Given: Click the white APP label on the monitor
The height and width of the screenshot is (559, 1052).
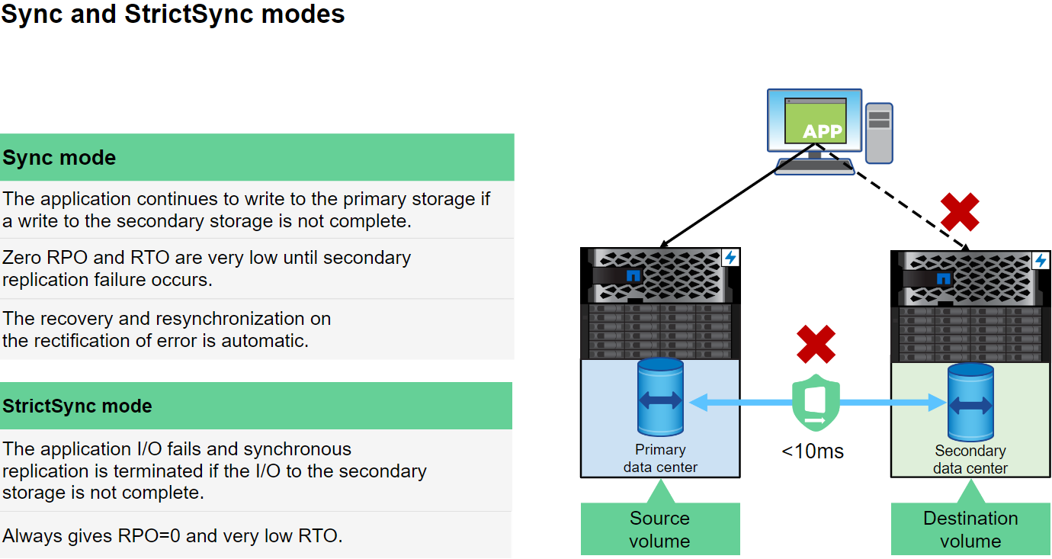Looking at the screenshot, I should point(822,132).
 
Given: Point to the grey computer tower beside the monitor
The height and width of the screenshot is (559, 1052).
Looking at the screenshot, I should point(879,133).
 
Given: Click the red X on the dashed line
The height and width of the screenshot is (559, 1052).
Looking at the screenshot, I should point(960,211).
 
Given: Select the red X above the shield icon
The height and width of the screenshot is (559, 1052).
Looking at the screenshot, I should point(816,344).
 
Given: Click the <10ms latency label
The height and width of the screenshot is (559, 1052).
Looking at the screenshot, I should point(813,451).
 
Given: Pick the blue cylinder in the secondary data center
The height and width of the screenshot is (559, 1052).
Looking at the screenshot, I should point(970,401).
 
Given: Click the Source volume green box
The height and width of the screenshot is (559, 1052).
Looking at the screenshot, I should point(660,529).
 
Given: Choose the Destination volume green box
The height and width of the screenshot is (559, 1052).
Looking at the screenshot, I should point(970,529).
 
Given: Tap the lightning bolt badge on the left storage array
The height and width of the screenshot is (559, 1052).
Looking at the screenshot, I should point(730,257).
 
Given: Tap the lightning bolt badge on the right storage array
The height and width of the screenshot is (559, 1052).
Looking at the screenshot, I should point(1041,261).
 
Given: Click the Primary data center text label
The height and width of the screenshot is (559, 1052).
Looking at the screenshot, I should point(660,458).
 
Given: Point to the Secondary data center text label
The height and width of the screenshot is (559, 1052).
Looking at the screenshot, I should point(970,459).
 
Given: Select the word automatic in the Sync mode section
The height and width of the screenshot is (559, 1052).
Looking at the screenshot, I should point(264,340).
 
